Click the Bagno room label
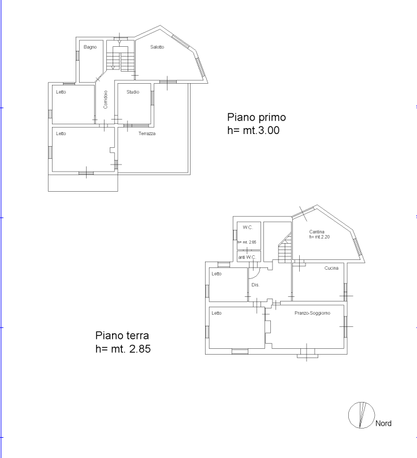[90, 47]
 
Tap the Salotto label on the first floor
[157, 47]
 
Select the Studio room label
[133, 92]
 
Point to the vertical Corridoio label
[106, 99]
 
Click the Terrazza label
[147, 133]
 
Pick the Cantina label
[317, 232]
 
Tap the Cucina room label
[332, 268]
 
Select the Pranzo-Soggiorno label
[312, 313]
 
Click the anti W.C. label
[247, 258]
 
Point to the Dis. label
[255, 285]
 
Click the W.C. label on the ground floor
[248, 228]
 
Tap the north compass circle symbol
[362, 415]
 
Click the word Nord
[384, 423]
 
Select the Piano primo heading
[256, 117]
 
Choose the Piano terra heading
[122, 336]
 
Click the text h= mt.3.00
[254, 131]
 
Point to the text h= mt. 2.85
[123, 349]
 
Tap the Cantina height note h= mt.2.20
[319, 237]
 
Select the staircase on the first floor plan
[120, 58]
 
